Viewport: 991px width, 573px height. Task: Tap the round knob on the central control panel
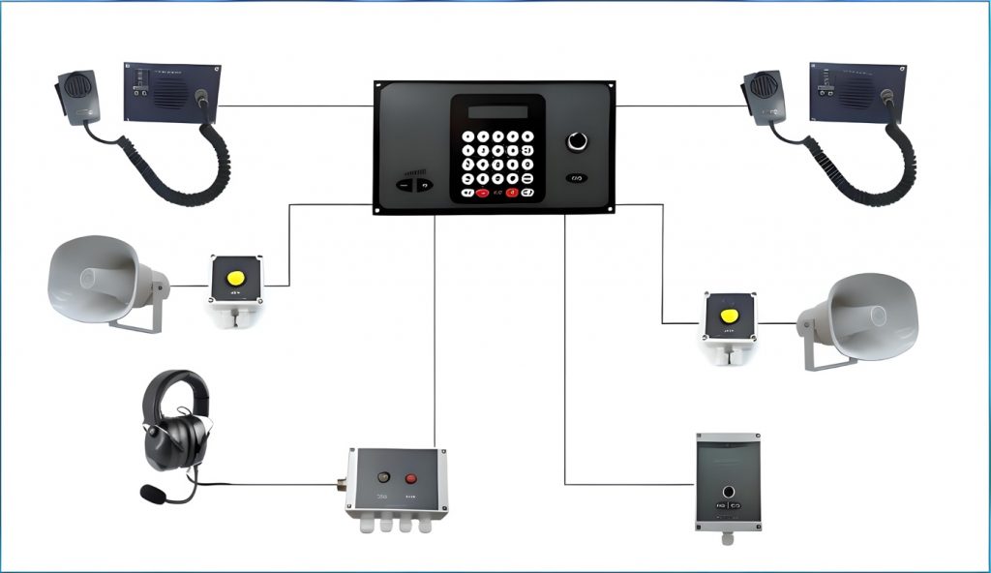(x=577, y=141)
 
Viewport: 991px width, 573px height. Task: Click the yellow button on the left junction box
(x=234, y=278)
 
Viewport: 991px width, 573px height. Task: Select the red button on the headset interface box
(x=410, y=477)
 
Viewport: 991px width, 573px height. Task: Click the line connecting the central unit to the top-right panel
(x=677, y=106)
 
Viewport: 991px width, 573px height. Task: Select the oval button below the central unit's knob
(x=577, y=178)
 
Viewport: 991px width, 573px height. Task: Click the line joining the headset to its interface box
(x=271, y=484)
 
